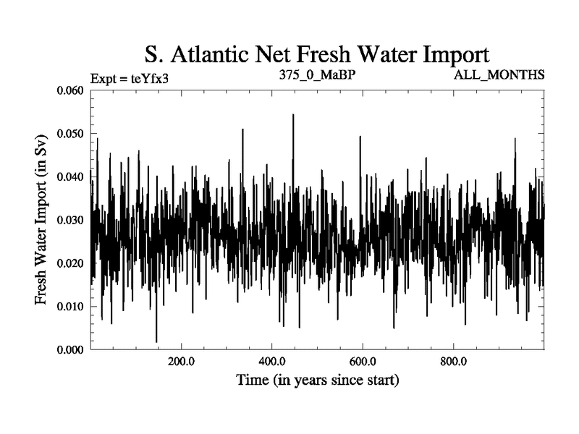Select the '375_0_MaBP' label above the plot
[317, 75]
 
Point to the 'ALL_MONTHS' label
[499, 75]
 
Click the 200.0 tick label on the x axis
[180, 362]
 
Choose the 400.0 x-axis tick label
[271, 362]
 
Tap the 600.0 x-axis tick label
[362, 362]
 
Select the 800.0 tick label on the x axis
[453, 362]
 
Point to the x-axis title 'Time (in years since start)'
[317, 380]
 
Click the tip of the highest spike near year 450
[293, 114]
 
